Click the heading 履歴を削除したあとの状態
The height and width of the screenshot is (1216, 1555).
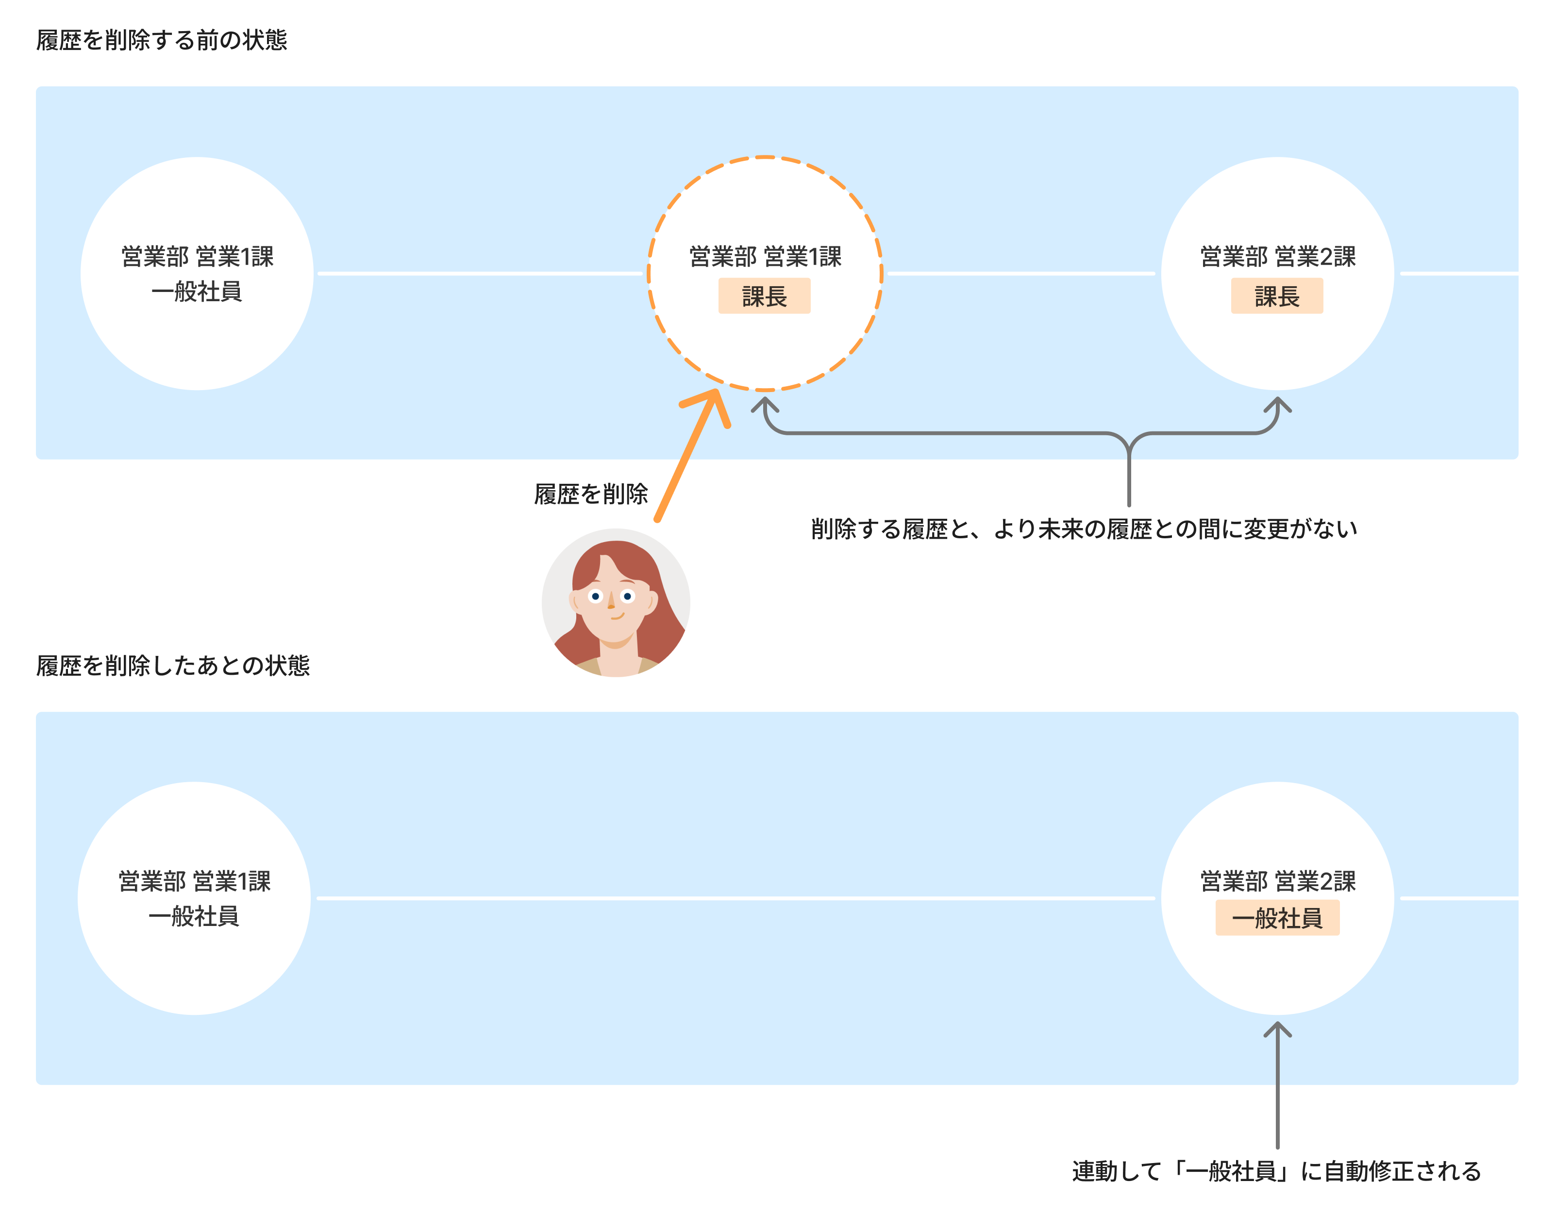point(173,666)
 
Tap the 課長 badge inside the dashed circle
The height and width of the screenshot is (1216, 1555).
point(764,296)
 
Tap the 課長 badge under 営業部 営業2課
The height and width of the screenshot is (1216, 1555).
point(1277,296)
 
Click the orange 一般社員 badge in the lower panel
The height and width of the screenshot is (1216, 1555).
point(1277,918)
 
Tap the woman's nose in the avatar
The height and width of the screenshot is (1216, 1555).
point(611,603)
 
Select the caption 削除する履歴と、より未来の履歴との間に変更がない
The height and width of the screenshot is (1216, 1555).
point(1084,529)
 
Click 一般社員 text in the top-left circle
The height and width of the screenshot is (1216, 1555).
point(197,292)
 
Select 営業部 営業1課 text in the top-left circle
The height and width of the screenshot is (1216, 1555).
point(197,257)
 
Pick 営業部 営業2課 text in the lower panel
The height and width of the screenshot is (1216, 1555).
point(1277,882)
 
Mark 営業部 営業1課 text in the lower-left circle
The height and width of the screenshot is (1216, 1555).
point(194,882)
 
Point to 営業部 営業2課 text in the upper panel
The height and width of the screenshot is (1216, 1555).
point(1277,257)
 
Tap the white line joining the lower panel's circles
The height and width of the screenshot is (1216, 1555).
point(734,898)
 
